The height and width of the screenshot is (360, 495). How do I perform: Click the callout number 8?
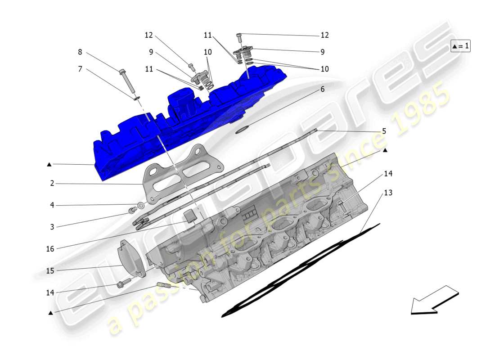(80, 52)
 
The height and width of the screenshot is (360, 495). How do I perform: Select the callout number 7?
(80, 69)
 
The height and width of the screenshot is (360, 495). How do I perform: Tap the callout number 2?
(52, 184)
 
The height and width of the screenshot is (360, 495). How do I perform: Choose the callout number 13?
(388, 193)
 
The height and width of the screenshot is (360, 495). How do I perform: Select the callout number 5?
(384, 131)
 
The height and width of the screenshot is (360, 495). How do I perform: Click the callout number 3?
(52, 227)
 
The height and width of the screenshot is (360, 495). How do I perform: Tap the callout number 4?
(52, 206)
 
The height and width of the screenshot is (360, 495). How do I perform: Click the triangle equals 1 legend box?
(460, 46)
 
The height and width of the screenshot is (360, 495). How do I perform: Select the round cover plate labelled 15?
(130, 259)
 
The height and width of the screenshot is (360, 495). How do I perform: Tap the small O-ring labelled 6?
(243, 130)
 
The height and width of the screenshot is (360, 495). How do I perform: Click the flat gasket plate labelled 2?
(180, 178)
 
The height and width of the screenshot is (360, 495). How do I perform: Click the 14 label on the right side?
(388, 174)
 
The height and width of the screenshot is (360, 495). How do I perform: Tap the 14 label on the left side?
(49, 292)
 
